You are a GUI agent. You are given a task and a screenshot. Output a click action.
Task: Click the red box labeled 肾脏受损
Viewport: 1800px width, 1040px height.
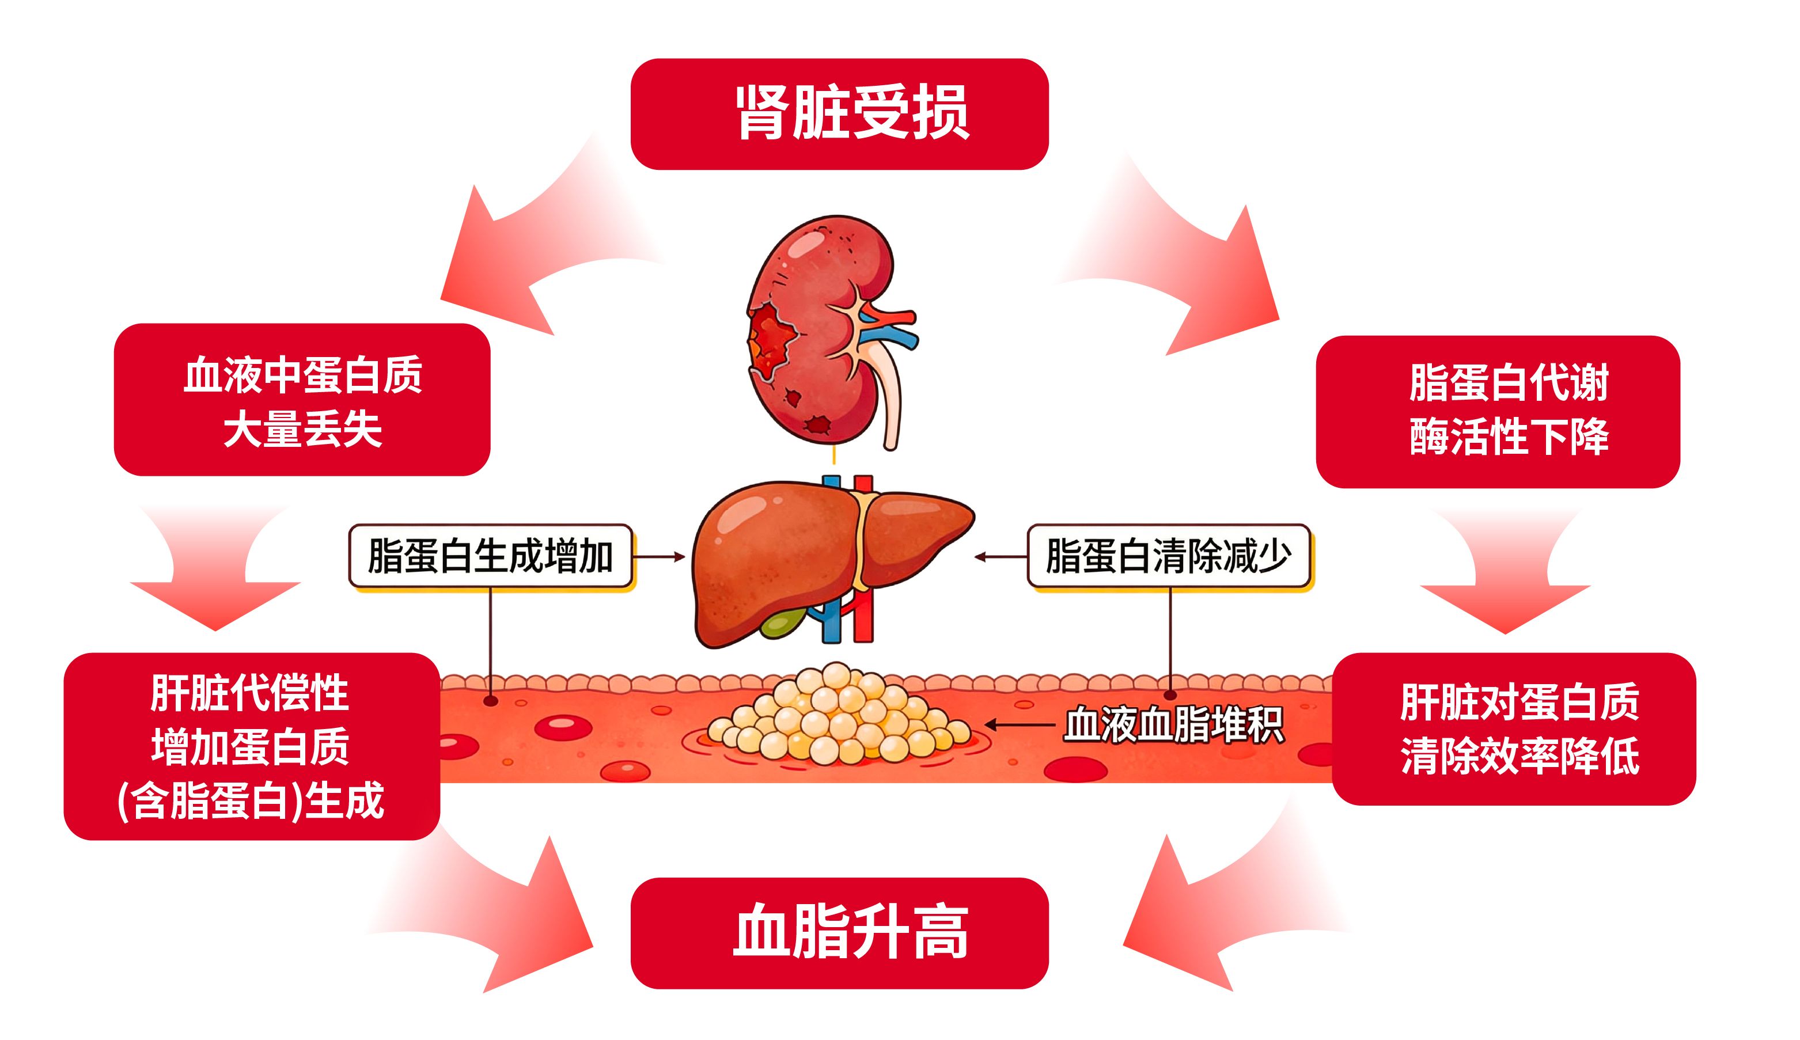(x=839, y=114)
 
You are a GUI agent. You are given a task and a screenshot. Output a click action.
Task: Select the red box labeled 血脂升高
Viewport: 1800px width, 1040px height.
(x=839, y=933)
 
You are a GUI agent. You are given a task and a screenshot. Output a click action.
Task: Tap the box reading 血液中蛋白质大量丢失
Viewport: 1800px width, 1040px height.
(x=302, y=400)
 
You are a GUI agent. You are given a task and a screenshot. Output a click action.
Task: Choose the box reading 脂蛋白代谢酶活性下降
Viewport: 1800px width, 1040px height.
(x=1498, y=412)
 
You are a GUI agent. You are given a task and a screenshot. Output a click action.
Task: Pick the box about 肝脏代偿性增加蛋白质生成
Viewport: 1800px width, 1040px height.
(x=252, y=746)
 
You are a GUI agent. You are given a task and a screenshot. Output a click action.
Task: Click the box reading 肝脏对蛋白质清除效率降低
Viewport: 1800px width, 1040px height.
(x=1514, y=729)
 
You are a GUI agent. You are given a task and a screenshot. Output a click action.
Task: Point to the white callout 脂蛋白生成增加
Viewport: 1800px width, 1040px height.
(x=491, y=556)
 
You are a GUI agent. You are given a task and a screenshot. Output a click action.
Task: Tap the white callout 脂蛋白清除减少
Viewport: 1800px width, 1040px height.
(x=1169, y=556)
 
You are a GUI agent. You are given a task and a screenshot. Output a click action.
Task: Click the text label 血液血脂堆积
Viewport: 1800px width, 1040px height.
(x=1173, y=725)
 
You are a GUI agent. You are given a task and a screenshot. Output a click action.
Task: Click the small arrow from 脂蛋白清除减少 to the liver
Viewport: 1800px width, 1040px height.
(x=1001, y=556)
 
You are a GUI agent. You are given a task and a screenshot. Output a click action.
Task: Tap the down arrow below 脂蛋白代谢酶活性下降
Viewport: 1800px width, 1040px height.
(x=1505, y=571)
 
